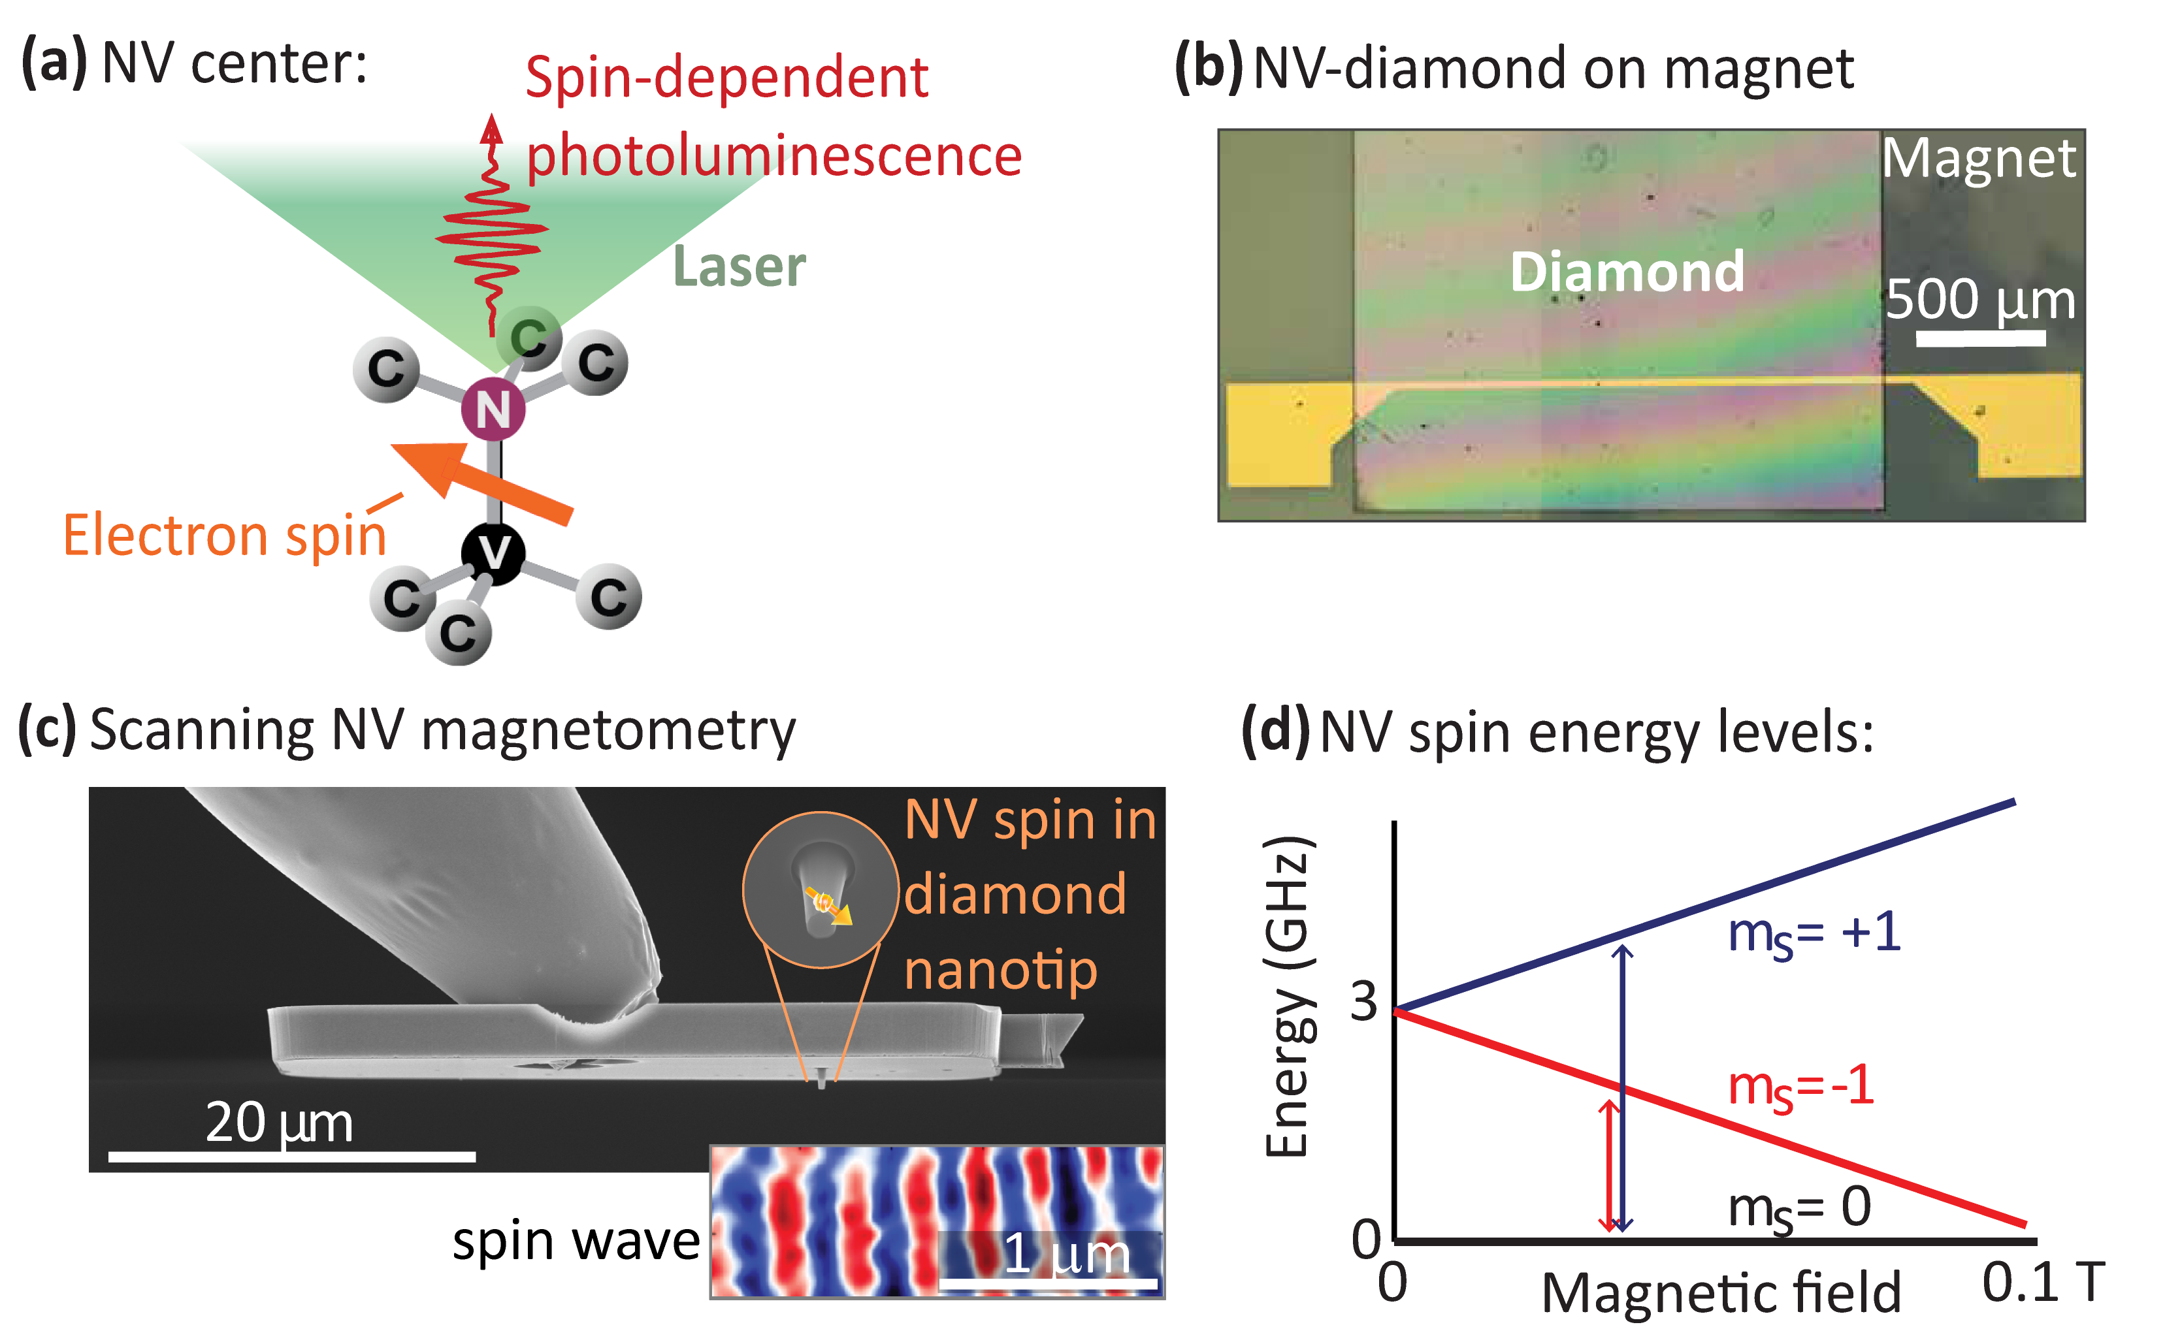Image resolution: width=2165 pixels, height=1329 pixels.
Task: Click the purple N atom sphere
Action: pos(493,409)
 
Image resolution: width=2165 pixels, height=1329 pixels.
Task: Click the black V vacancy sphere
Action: pos(493,553)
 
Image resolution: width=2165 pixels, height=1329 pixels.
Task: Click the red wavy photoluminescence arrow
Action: pos(491,229)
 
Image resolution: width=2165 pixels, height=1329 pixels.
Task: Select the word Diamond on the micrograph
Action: pos(1626,272)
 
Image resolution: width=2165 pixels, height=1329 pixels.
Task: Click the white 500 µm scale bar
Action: pos(1979,338)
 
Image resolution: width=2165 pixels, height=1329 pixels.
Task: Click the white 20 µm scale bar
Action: pos(292,1157)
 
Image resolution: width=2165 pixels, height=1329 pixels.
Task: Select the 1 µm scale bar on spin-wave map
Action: pos(1048,1284)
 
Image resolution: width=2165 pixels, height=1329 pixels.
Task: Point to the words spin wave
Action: pos(576,1241)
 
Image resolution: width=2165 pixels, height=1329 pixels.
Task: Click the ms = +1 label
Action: pos(1814,935)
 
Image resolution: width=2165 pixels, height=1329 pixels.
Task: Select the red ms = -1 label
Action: pos(1800,1087)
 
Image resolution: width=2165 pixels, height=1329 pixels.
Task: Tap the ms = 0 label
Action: pos(1799,1209)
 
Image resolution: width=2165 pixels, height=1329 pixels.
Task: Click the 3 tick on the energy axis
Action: pos(1363,1001)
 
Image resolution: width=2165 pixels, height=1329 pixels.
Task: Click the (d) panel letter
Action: pos(1275,730)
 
